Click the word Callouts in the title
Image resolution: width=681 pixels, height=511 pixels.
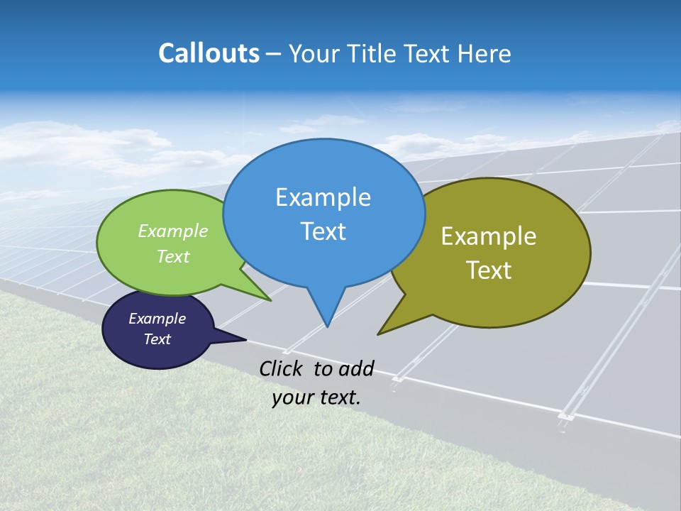(209, 53)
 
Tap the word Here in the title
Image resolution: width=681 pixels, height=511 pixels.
(485, 54)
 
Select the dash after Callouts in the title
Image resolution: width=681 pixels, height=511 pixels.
(274, 54)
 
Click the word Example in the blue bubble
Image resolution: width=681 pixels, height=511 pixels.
(323, 197)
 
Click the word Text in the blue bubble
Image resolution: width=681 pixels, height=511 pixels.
(323, 231)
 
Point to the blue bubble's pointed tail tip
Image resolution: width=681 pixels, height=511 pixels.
(327, 326)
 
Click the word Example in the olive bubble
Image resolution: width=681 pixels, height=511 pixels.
(489, 236)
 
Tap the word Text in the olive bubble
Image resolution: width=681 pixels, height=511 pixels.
(489, 270)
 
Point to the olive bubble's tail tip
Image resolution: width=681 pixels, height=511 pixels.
(379, 334)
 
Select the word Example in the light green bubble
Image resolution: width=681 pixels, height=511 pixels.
(173, 231)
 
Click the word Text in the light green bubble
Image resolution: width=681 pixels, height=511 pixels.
(173, 256)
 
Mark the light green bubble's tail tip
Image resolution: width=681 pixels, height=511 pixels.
(270, 300)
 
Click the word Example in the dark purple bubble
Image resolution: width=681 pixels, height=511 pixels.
(157, 319)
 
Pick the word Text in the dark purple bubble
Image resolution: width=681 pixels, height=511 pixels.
(157, 339)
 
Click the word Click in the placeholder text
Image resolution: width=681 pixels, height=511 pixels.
(282, 368)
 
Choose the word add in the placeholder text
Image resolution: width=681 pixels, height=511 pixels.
(356, 368)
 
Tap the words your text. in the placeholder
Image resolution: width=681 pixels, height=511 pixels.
(316, 397)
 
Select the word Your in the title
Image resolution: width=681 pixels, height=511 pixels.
(313, 54)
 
